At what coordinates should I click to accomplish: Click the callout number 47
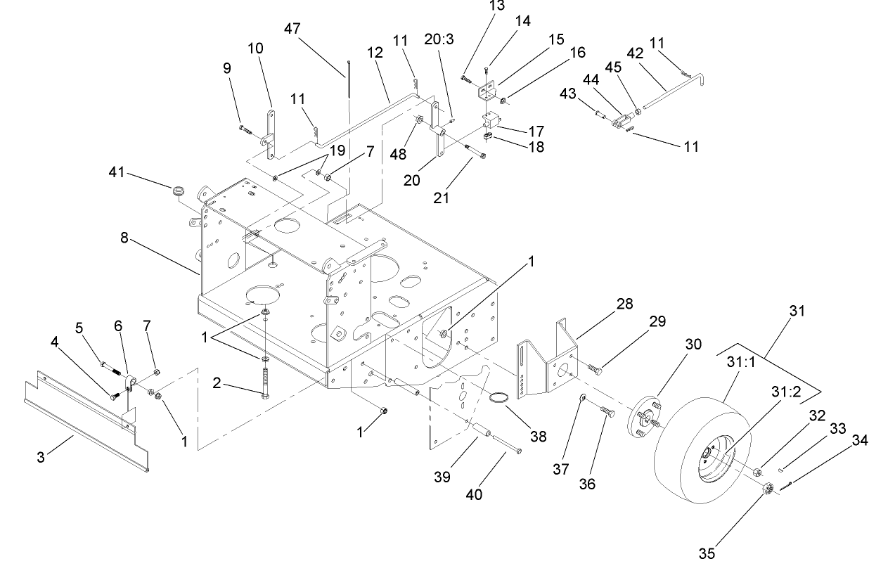[292, 29]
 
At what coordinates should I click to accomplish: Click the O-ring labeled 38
[498, 400]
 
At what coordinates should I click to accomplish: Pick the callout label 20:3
[439, 39]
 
